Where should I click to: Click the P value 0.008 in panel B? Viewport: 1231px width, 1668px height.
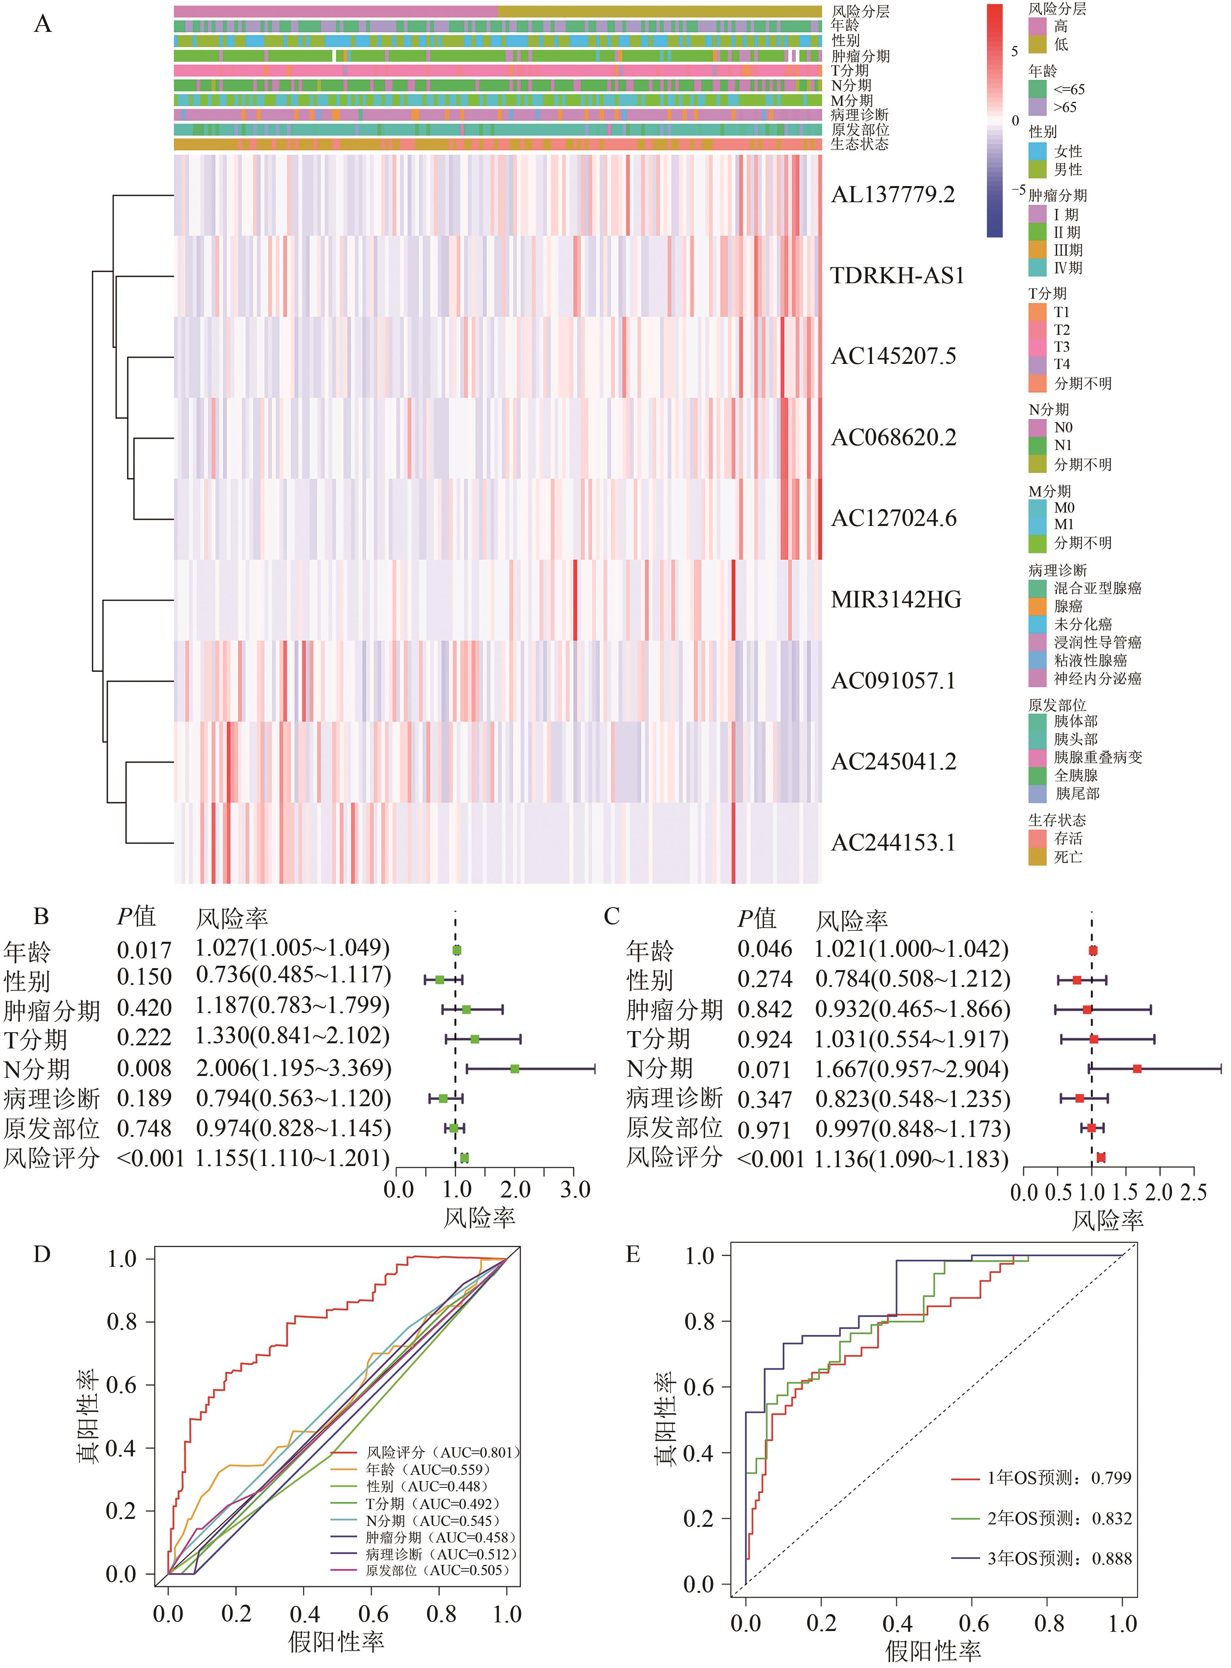pos(144,1068)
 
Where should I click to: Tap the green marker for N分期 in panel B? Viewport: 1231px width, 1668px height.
pos(514,1069)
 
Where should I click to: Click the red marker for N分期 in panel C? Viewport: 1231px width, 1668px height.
pos(1137,1069)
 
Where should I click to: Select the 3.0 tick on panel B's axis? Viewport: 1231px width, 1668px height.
pos(575,1190)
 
